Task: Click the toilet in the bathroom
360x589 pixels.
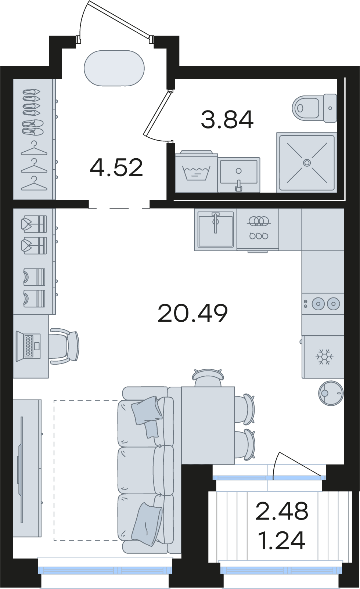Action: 314,108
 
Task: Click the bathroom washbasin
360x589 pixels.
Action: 239,174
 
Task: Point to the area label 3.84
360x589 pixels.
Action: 227,120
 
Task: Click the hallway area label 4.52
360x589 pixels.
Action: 116,167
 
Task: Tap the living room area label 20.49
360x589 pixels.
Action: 192,313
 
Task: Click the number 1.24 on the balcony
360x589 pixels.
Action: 282,541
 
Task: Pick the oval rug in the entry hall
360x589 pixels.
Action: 114,68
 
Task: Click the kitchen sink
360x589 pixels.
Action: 216,230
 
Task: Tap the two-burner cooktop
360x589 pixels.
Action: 323,304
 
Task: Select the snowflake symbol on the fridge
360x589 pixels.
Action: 324,357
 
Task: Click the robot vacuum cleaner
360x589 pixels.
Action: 331,393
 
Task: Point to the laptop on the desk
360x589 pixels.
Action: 28,345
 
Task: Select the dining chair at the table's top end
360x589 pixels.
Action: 208,377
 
